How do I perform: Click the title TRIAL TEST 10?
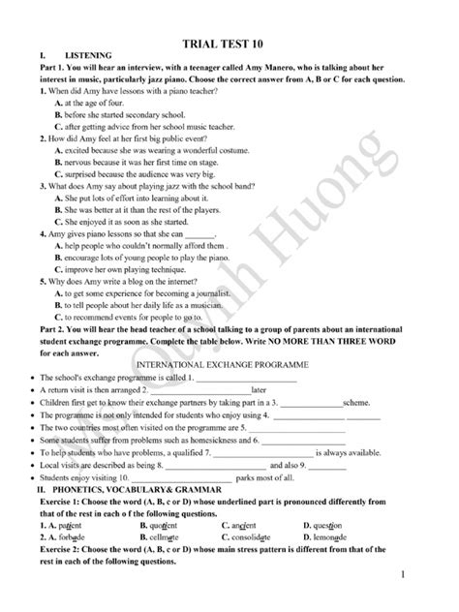pyautogui.click(x=229, y=44)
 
